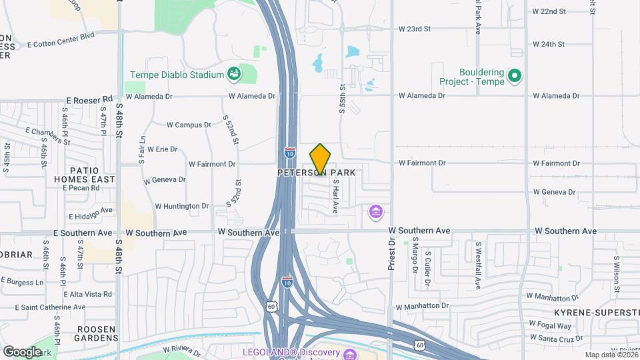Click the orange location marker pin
pyautogui.click(x=320, y=159)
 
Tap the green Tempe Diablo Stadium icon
pyautogui.click(x=234, y=73)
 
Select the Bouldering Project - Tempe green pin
pyautogui.click(x=514, y=76)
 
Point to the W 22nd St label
pyautogui.click(x=549, y=12)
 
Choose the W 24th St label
pyautogui.click(x=549, y=45)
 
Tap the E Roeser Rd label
pyautogui.click(x=89, y=100)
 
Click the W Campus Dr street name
pyautogui.click(x=189, y=125)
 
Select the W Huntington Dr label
pyautogui.click(x=182, y=207)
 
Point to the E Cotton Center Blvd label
pyautogui.click(x=62, y=40)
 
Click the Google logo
pyautogui.click(x=22, y=351)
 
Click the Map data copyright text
pyautogui.click(x=611, y=355)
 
